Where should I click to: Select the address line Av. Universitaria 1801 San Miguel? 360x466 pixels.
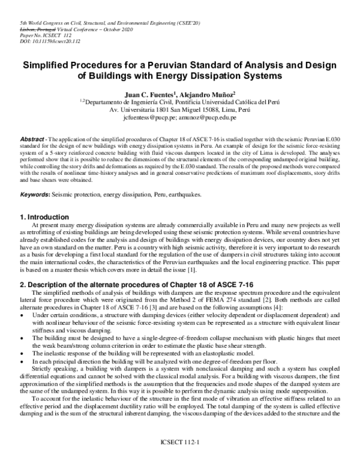(179, 110)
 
